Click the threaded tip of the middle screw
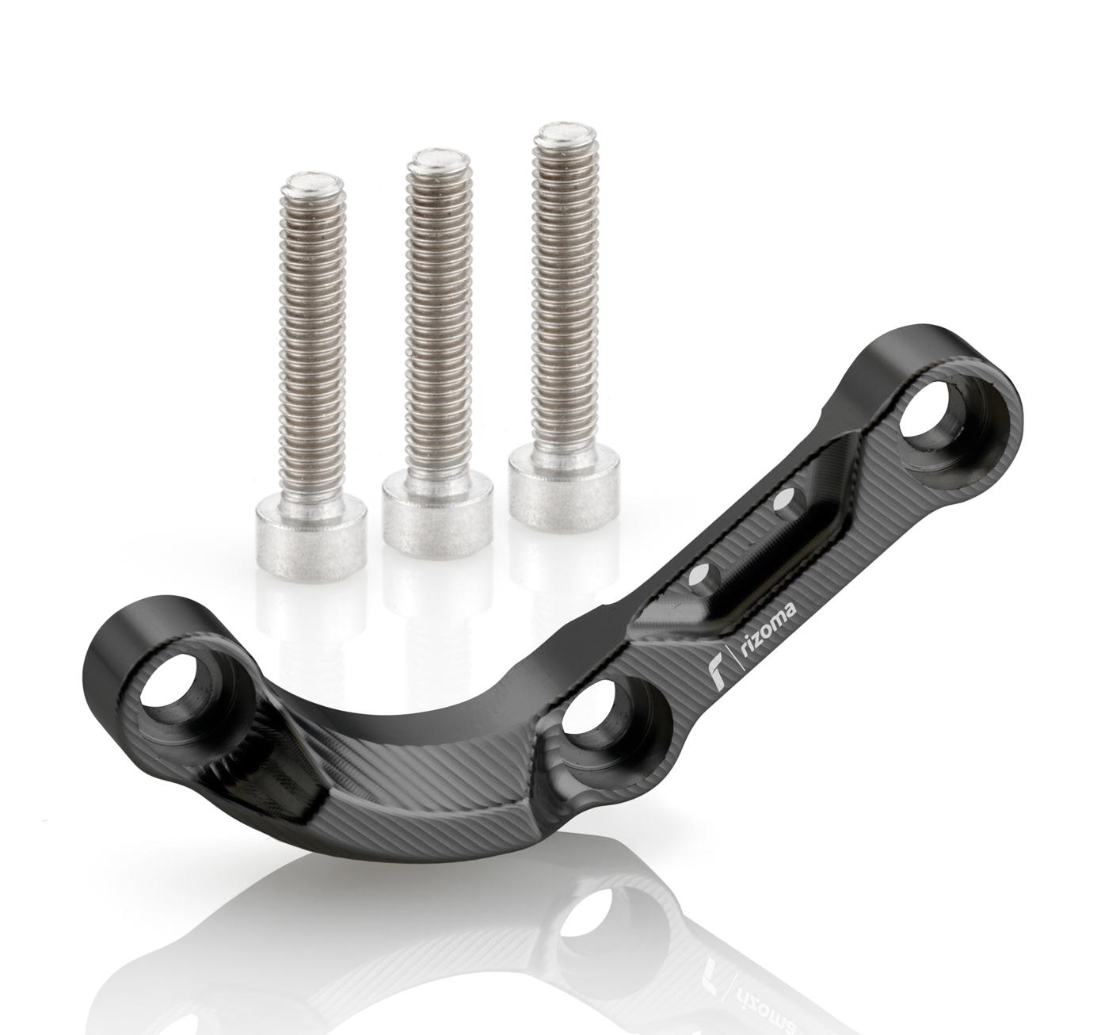[439, 162]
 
